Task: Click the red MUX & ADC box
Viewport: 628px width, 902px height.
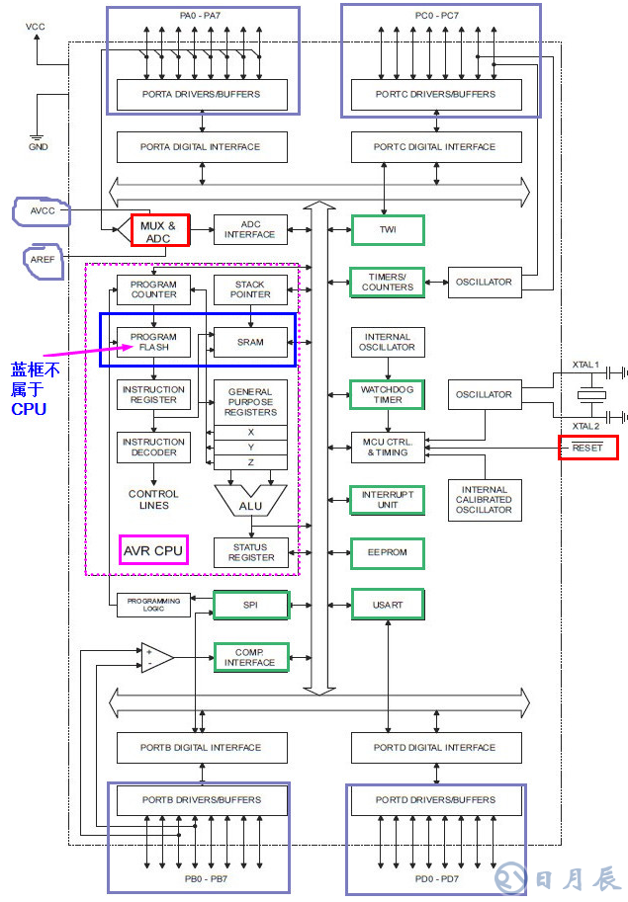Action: tap(159, 231)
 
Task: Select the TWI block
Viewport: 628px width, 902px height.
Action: tap(388, 230)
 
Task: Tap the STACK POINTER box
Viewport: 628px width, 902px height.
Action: tap(250, 289)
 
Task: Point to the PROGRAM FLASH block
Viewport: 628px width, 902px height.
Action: tap(154, 342)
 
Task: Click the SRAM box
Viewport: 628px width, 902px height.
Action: tap(250, 342)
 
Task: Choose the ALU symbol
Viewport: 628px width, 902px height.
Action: tap(250, 502)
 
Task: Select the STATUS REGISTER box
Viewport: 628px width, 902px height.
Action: tap(250, 552)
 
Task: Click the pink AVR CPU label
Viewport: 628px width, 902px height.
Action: tap(153, 549)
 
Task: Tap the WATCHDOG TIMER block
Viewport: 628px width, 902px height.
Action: tap(388, 395)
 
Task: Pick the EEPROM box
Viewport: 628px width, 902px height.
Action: tap(388, 553)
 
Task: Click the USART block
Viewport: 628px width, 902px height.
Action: tap(388, 605)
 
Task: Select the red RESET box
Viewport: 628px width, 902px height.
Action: tap(587, 448)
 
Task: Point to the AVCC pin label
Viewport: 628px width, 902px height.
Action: tap(42, 210)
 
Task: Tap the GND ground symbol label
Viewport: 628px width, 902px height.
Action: tap(38, 146)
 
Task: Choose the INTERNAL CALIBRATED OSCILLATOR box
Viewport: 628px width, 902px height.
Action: tap(485, 500)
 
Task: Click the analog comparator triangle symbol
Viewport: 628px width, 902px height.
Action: tap(156, 657)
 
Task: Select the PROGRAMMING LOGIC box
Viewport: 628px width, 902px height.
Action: tap(153, 605)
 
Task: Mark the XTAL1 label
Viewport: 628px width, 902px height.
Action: tap(585, 365)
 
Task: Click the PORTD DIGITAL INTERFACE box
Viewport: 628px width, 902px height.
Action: tap(434, 748)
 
